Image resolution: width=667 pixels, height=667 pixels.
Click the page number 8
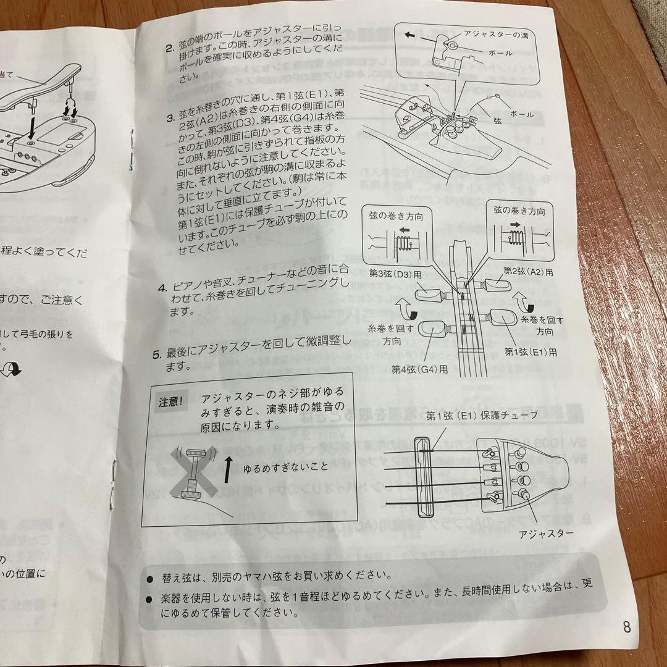coord(627,629)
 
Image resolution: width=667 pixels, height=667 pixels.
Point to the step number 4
coord(162,288)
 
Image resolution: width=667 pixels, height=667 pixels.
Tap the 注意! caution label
coord(170,403)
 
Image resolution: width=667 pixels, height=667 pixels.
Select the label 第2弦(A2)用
coord(529,271)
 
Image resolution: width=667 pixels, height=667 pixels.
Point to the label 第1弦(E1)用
coord(531,352)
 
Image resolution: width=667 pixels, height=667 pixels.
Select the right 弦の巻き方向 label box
coord(519,210)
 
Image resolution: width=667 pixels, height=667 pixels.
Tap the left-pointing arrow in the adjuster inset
coord(409,36)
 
